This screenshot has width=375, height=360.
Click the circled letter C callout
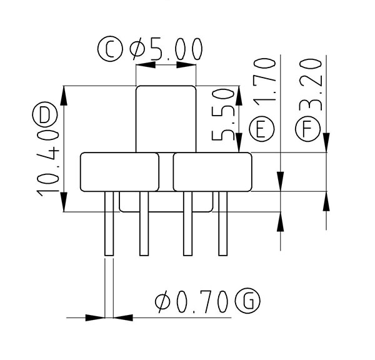(110, 49)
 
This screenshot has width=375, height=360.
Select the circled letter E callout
(262, 129)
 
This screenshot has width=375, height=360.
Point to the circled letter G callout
(247, 302)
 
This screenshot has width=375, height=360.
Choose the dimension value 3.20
(311, 84)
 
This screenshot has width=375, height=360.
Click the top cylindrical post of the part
(166, 117)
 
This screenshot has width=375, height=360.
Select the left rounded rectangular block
(119, 171)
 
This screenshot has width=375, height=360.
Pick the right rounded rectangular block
(212, 171)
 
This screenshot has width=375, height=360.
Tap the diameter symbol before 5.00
(137, 49)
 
